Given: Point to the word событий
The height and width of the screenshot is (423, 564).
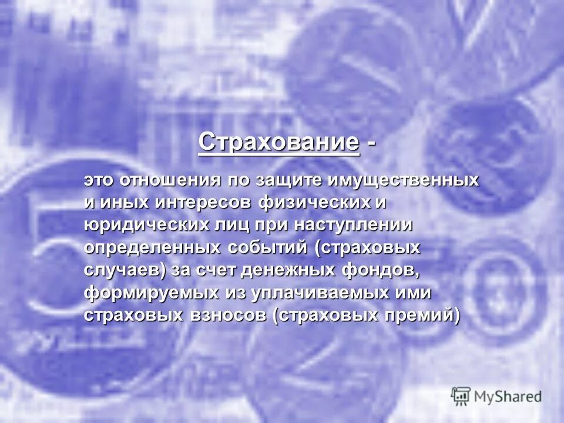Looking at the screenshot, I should [x=268, y=247].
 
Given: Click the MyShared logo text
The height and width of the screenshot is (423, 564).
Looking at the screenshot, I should [x=508, y=397].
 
